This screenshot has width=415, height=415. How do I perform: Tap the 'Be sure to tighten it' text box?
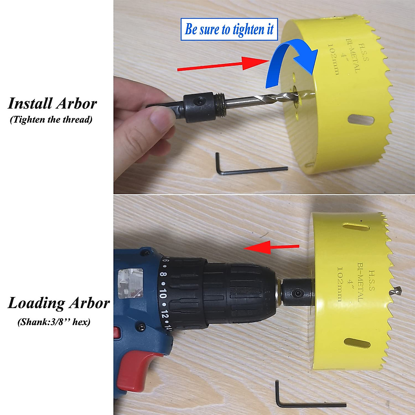pos(229,29)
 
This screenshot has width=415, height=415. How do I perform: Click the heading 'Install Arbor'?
pos(52,103)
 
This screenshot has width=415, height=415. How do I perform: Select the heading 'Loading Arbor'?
pos(58,303)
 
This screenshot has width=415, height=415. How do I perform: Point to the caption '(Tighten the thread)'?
pos(51,120)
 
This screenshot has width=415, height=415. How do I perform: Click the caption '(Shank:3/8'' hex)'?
pos(54,322)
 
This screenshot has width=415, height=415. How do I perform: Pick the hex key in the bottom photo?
pos(304,401)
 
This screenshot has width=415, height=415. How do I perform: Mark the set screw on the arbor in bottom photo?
pos(296,294)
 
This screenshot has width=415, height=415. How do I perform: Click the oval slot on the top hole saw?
pos(360,121)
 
